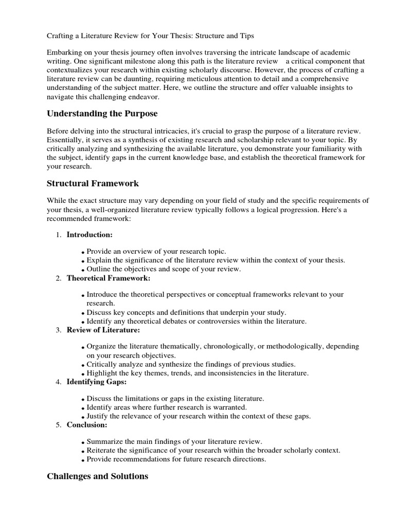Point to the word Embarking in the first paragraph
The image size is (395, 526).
point(64,53)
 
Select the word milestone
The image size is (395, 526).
point(136,62)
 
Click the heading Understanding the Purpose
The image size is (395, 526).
point(102,113)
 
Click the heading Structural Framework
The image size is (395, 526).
point(93,183)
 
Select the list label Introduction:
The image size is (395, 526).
point(89,234)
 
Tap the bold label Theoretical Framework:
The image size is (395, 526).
point(109,278)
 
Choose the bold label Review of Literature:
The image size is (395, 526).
point(103,330)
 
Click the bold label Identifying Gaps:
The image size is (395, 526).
point(96,382)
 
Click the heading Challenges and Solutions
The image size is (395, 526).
point(98,476)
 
